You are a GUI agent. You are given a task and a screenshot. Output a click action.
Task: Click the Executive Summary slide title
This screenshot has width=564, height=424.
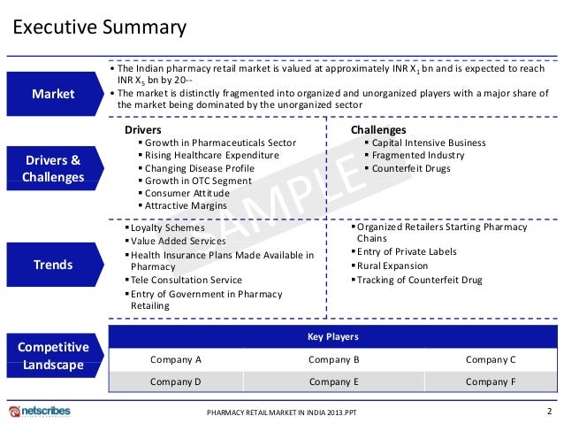tap(98, 27)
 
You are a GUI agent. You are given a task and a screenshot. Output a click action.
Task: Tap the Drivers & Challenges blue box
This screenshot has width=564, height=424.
tap(53, 168)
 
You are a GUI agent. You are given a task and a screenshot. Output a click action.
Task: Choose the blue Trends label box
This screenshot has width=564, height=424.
tap(53, 265)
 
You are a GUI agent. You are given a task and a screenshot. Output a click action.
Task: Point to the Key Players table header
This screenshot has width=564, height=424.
tap(332, 337)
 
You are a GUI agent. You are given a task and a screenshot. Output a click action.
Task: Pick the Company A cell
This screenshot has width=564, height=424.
tap(176, 359)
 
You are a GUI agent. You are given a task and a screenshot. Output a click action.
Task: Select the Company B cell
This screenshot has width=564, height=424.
tap(333, 359)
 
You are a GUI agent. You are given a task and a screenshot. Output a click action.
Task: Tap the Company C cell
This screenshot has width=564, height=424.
tap(491, 359)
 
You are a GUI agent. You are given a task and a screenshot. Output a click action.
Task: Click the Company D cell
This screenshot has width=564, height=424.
tap(176, 382)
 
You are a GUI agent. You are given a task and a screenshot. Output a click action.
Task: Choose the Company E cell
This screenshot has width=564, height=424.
tap(333, 382)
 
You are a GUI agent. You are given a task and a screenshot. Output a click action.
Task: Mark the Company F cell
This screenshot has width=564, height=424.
tap(491, 382)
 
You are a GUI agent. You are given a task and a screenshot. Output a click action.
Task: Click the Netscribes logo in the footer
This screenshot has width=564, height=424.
tap(40, 412)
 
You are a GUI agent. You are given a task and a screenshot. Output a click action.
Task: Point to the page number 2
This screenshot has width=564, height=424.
tap(549, 412)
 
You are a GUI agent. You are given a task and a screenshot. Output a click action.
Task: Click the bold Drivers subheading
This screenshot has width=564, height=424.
tap(143, 130)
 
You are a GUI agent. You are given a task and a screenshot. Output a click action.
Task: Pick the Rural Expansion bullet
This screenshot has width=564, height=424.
tap(392, 266)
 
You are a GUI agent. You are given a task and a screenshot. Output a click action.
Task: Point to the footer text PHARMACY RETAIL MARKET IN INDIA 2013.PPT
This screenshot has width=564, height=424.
tap(287, 413)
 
